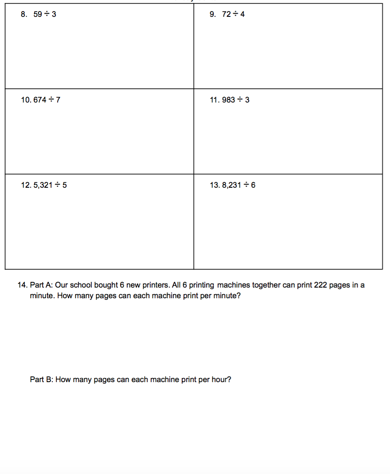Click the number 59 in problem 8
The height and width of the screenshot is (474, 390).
pyautogui.click(x=38, y=14)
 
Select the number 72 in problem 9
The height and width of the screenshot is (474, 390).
pyautogui.click(x=226, y=14)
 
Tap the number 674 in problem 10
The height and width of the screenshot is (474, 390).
pyautogui.click(x=40, y=100)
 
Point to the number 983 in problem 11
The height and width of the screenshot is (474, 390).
pyautogui.click(x=228, y=100)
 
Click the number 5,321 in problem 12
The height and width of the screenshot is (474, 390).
pyautogui.click(x=43, y=185)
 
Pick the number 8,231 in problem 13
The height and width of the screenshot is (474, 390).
pyautogui.click(x=231, y=185)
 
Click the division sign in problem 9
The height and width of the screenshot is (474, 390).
pyautogui.click(x=236, y=14)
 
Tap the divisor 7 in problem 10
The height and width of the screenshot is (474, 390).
pyautogui.click(x=58, y=100)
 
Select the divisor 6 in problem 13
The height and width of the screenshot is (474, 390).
pyautogui.click(x=253, y=185)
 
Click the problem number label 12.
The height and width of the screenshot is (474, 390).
pyautogui.click(x=26, y=185)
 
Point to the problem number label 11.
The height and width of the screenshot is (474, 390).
pyautogui.click(x=214, y=100)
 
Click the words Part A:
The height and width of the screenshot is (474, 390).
pyautogui.click(x=42, y=285)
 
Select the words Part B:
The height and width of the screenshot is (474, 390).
pyautogui.click(x=42, y=379)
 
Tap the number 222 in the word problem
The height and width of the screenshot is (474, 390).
pyautogui.click(x=320, y=285)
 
